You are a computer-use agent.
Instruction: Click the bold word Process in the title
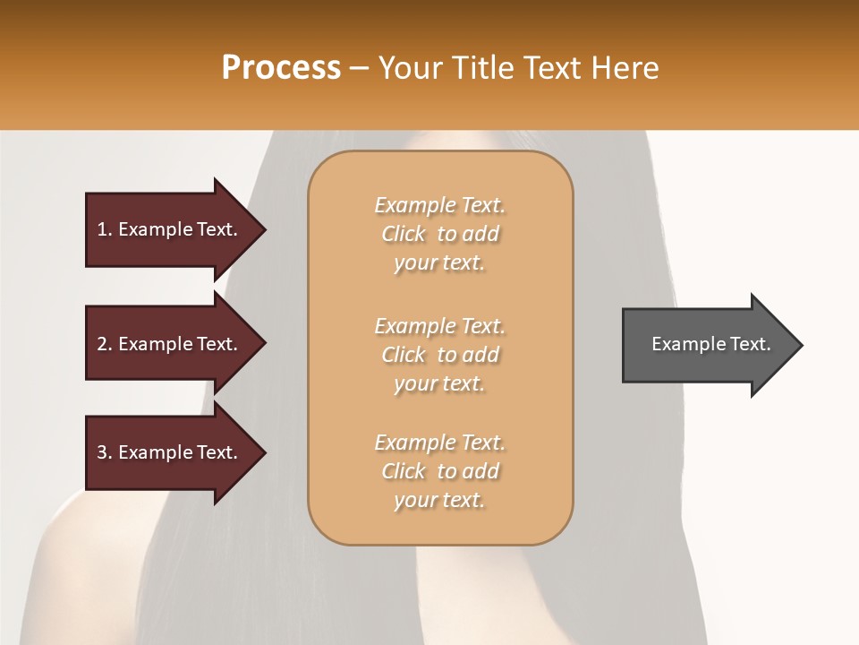click(x=281, y=68)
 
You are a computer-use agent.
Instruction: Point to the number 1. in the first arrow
click(x=104, y=229)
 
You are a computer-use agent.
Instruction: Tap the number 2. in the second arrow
click(x=104, y=344)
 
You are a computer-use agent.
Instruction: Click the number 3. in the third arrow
click(x=104, y=452)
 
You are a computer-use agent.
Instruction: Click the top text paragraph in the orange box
click(x=439, y=234)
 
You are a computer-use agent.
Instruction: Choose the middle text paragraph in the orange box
click(x=439, y=355)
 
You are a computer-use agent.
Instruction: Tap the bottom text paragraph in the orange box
click(x=439, y=471)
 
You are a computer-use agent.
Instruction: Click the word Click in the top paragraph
click(x=404, y=234)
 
